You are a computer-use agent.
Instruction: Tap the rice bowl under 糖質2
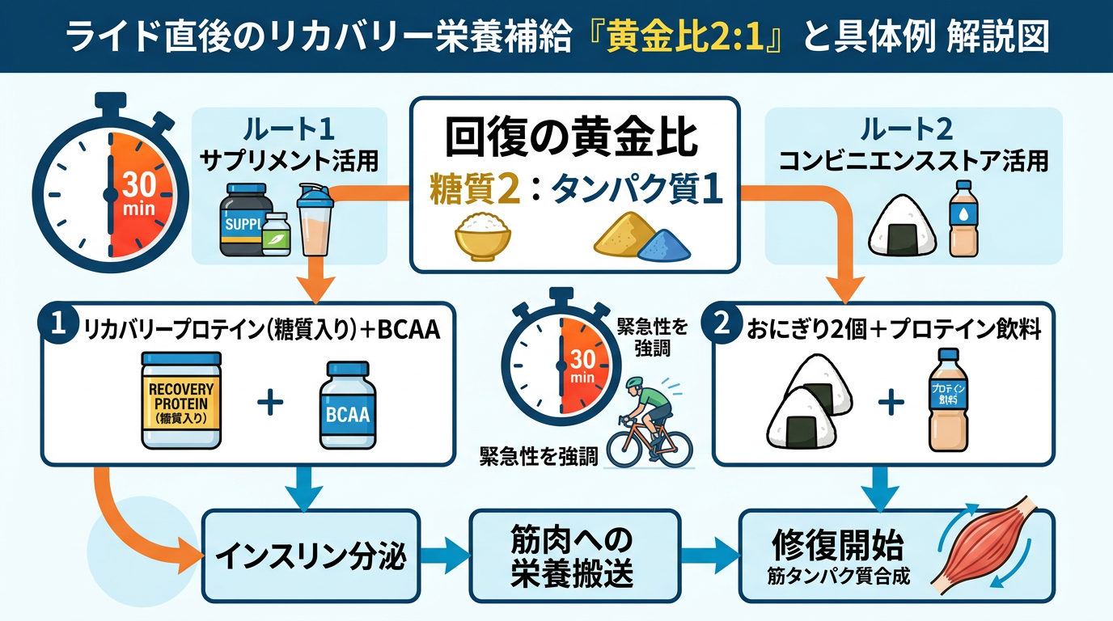(483, 235)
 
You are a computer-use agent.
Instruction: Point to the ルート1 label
(288, 129)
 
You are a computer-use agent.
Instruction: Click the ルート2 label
(912, 129)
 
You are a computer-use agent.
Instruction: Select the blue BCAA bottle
(347, 406)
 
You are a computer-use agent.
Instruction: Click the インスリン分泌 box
(310, 556)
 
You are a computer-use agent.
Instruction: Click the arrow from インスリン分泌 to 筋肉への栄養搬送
(445, 556)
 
